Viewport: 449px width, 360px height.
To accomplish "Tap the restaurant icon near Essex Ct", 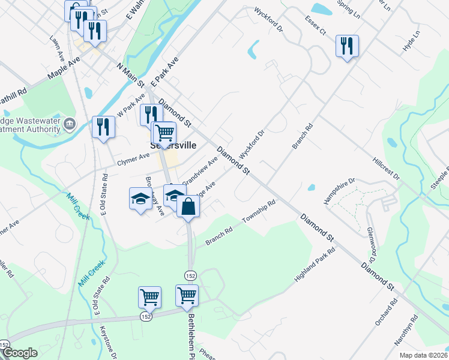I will coord(347,46).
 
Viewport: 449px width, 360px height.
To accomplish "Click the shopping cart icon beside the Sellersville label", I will coord(164,132).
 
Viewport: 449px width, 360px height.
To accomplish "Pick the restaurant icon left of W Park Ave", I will coord(104,126).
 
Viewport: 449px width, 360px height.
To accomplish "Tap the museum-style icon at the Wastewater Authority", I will coord(70,124).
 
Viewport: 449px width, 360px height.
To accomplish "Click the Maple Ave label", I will coord(64,70).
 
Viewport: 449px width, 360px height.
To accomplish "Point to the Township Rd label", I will coord(259,212).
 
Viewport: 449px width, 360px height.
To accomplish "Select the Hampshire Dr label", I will coord(340,191).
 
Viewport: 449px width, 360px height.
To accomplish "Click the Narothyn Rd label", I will coord(414,333).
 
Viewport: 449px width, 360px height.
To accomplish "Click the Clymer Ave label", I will coord(133,158).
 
